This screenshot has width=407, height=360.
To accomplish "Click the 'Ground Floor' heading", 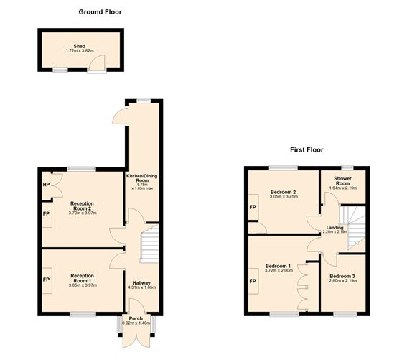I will pyautogui.click(x=99, y=12).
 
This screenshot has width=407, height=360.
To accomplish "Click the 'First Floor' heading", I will pyautogui.click(x=307, y=150).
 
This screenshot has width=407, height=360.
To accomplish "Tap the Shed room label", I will pyautogui.click(x=80, y=46).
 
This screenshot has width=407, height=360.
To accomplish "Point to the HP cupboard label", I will pyautogui.click(x=46, y=185).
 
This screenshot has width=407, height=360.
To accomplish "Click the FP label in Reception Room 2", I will pyautogui.click(x=46, y=213).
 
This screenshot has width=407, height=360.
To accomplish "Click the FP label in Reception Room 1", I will pyautogui.click(x=46, y=280).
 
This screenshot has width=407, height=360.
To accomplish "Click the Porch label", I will pyautogui.click(x=136, y=318).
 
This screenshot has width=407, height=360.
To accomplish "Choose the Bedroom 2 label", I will pyautogui.click(x=284, y=192).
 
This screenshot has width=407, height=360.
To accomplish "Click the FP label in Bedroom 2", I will pyautogui.click(x=252, y=207).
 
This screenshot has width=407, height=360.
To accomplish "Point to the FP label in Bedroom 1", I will pyautogui.click(x=252, y=280).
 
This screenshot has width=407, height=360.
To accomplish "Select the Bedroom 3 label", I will pyautogui.click(x=342, y=276).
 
